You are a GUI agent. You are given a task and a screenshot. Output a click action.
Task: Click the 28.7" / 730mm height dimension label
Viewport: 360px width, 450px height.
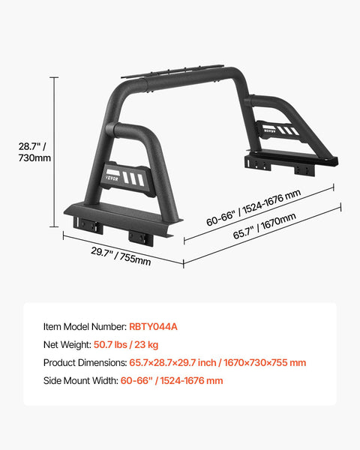pos(34,151)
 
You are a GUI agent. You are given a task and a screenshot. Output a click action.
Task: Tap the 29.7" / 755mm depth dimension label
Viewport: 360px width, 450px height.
pos(121,256)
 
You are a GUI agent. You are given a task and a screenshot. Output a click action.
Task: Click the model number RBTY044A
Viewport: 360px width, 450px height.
pos(153,326)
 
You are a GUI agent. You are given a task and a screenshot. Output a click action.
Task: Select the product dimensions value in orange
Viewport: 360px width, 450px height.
pos(217,362)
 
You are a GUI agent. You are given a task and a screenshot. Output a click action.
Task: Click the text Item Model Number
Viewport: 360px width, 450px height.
pos(85,326)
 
